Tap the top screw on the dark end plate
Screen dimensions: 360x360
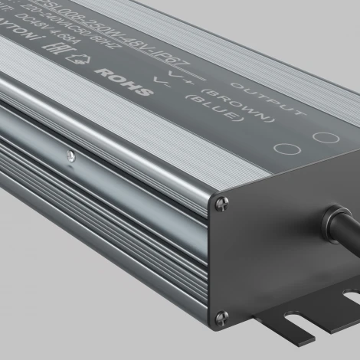[x=222, y=201]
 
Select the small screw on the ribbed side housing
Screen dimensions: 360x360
[x=71, y=158]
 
